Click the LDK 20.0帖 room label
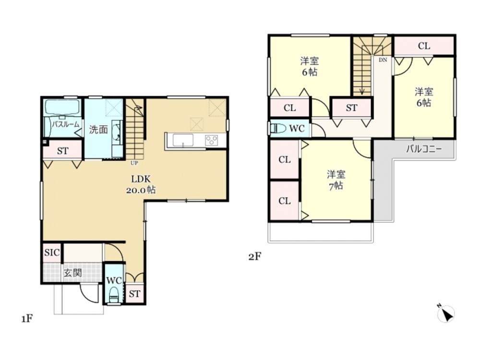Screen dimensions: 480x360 [141, 184]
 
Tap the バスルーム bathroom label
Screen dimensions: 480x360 [65, 124]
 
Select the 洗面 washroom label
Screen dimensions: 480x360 [98, 130]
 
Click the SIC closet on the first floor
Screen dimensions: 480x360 [52, 253]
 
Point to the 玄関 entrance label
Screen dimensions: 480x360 [73, 273]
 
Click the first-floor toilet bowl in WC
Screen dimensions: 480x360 [114, 294]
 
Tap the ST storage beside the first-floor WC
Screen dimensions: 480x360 [134, 294]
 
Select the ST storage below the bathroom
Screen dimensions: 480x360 [62, 151]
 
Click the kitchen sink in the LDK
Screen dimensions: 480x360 [183, 140]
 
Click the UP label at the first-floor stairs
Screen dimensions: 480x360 [134, 163]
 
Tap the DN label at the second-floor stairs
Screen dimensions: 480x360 [383, 60]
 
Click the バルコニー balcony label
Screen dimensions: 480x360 [424, 149]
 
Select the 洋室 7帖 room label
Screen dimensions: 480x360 [336, 180]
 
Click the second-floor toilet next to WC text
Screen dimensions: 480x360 [278, 128]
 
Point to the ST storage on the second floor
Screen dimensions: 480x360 [351, 108]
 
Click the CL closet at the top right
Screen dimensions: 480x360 [424, 46]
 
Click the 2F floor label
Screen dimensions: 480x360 [255, 256]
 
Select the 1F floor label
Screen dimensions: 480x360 [27, 319]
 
